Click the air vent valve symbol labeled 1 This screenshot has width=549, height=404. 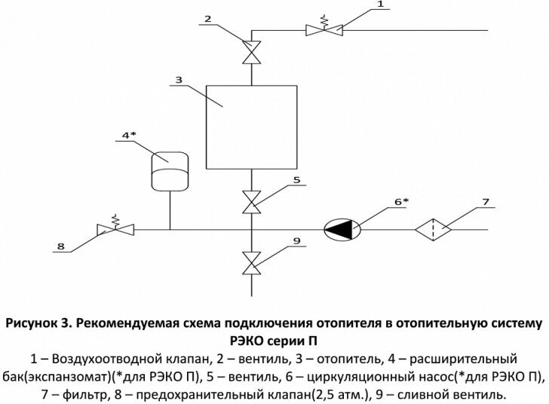(323, 30)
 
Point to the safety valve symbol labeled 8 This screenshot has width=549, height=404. (115, 228)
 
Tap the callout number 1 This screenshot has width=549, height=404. (380, 5)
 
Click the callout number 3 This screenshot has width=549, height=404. (177, 79)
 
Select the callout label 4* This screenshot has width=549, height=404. (129, 136)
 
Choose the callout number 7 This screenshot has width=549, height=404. (484, 202)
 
